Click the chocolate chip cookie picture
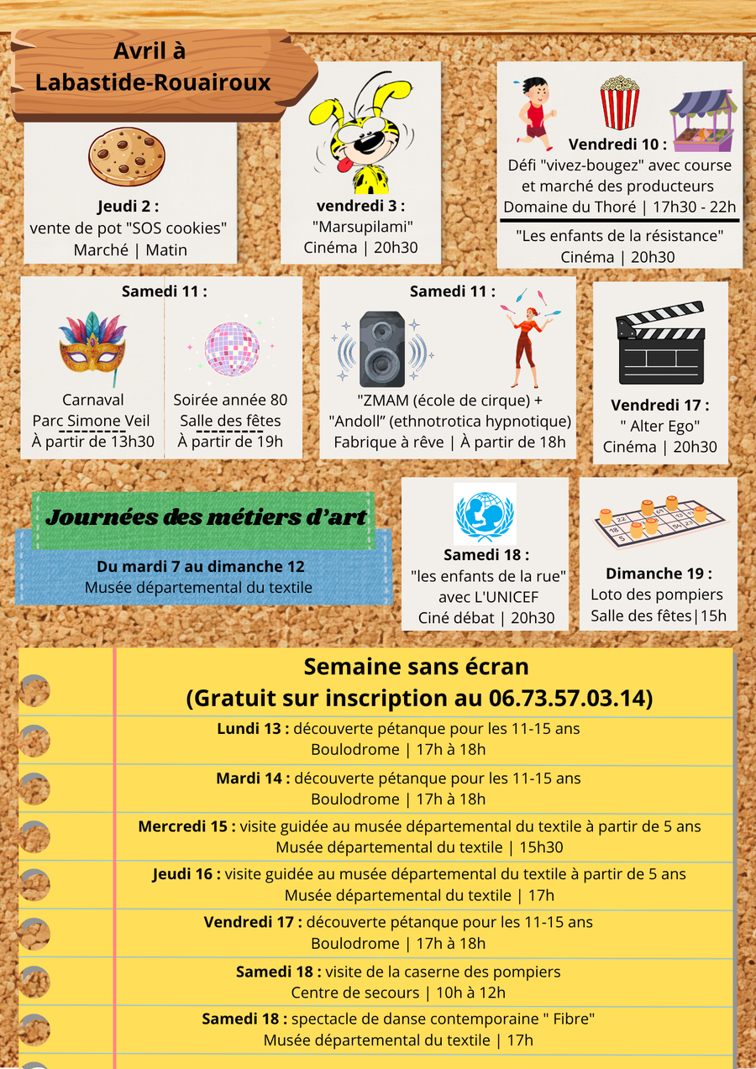(127, 157)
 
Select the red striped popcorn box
(619, 102)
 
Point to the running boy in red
(534, 113)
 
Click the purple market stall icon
(703, 120)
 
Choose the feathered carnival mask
(92, 344)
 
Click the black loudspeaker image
(382, 348)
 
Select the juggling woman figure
(529, 334)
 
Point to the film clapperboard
(659, 343)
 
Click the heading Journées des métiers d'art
(206, 517)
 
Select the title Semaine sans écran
(416, 667)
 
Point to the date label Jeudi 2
(128, 207)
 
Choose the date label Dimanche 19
(658, 574)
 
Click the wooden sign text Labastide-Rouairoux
(153, 82)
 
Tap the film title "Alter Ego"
(659, 426)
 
